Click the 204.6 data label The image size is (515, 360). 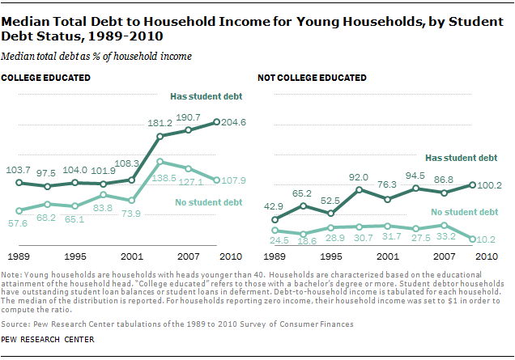[235, 124]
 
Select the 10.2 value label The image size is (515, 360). [486, 239]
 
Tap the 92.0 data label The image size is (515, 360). [359, 176]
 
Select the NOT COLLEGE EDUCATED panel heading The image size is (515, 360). [312, 78]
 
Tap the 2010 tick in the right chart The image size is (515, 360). [485, 256]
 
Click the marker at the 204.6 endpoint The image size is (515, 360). [217, 122]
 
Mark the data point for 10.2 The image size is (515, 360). [471, 239]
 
